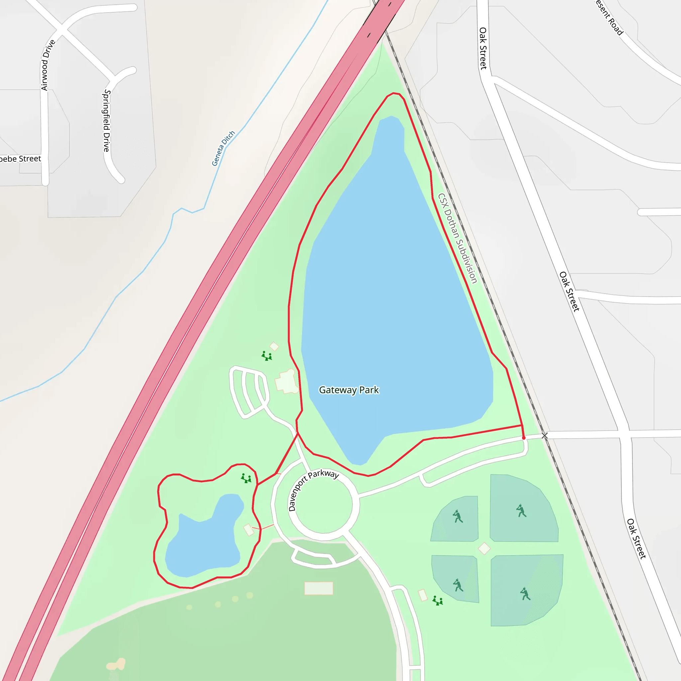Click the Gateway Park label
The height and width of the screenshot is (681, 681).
[x=348, y=390]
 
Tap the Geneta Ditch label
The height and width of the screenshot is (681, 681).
[x=223, y=148]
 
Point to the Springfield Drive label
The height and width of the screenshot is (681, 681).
[x=106, y=121]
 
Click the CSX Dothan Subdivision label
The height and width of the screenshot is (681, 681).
[x=457, y=238]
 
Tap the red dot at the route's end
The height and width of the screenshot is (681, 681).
[x=524, y=438]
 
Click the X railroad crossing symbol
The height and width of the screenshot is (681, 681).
[x=545, y=436]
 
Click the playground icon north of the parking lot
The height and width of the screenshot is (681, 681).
[x=267, y=356]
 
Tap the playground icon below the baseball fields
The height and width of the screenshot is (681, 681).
[x=438, y=600]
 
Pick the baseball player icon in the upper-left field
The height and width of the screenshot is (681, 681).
[x=458, y=516]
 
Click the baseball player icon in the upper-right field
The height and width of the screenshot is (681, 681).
[x=521, y=511]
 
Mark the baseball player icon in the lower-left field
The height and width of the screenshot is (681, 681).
[x=458, y=586]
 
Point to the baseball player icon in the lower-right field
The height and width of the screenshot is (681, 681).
[x=525, y=594]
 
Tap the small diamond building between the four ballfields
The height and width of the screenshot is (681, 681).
[x=484, y=548]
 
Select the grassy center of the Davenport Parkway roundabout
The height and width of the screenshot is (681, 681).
[x=324, y=504]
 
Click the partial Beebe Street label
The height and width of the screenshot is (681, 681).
[x=20, y=159]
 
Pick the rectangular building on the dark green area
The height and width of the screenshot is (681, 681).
[x=319, y=588]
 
